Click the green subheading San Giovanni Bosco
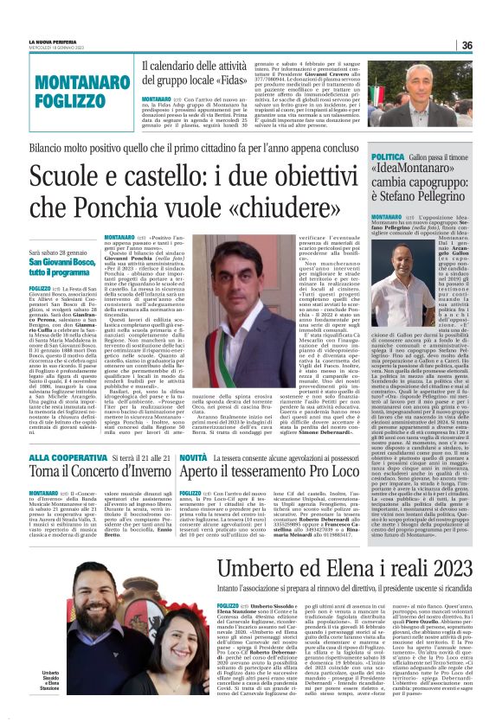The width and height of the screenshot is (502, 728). (x=65, y=260)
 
